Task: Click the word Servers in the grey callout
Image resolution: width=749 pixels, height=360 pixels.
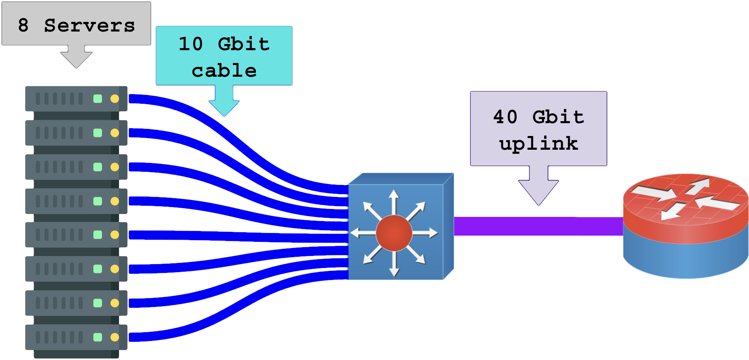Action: click(x=89, y=25)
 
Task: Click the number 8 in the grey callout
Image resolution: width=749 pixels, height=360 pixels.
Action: click(x=24, y=25)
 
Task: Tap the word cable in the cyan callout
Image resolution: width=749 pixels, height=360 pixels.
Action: click(x=224, y=71)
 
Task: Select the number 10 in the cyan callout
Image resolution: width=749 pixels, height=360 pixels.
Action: click(x=190, y=44)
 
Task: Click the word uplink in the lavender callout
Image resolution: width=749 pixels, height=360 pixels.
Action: click(x=538, y=144)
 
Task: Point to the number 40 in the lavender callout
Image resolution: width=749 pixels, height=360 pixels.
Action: click(x=505, y=117)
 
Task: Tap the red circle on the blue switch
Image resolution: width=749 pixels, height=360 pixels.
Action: click(x=394, y=233)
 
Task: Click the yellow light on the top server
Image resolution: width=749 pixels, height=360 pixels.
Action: click(x=115, y=99)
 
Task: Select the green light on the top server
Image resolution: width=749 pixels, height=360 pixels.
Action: click(x=98, y=99)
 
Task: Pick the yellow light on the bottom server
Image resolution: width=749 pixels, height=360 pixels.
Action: click(x=115, y=337)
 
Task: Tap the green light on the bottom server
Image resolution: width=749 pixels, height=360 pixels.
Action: click(x=98, y=337)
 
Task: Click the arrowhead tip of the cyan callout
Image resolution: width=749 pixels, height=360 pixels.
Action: click(x=224, y=116)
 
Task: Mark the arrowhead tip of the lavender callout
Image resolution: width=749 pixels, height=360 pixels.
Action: click(x=538, y=204)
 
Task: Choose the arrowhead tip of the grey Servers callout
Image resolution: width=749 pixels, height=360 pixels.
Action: click(x=76, y=68)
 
